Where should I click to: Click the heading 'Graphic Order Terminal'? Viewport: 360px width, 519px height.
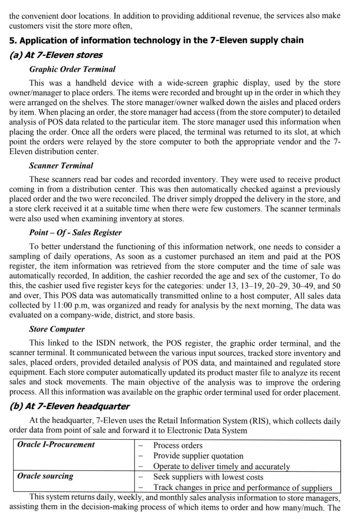point(72,69)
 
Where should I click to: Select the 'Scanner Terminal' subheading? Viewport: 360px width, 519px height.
point(61,165)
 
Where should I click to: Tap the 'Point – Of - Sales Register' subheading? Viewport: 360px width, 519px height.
point(75,232)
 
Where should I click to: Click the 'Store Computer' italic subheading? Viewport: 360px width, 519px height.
point(57,329)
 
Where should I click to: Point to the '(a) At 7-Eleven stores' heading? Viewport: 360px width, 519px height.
point(56,55)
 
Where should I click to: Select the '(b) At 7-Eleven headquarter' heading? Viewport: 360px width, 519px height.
point(69,406)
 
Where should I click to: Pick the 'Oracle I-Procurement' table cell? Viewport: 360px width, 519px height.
point(56,444)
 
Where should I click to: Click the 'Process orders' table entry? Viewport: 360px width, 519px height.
point(178,445)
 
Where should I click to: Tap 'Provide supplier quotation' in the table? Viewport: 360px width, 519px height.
point(198,456)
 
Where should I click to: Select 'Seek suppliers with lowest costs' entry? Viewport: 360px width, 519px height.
point(208,477)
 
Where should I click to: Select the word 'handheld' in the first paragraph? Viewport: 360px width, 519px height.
point(91,83)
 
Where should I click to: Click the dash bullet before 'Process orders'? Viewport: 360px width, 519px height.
point(141,446)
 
